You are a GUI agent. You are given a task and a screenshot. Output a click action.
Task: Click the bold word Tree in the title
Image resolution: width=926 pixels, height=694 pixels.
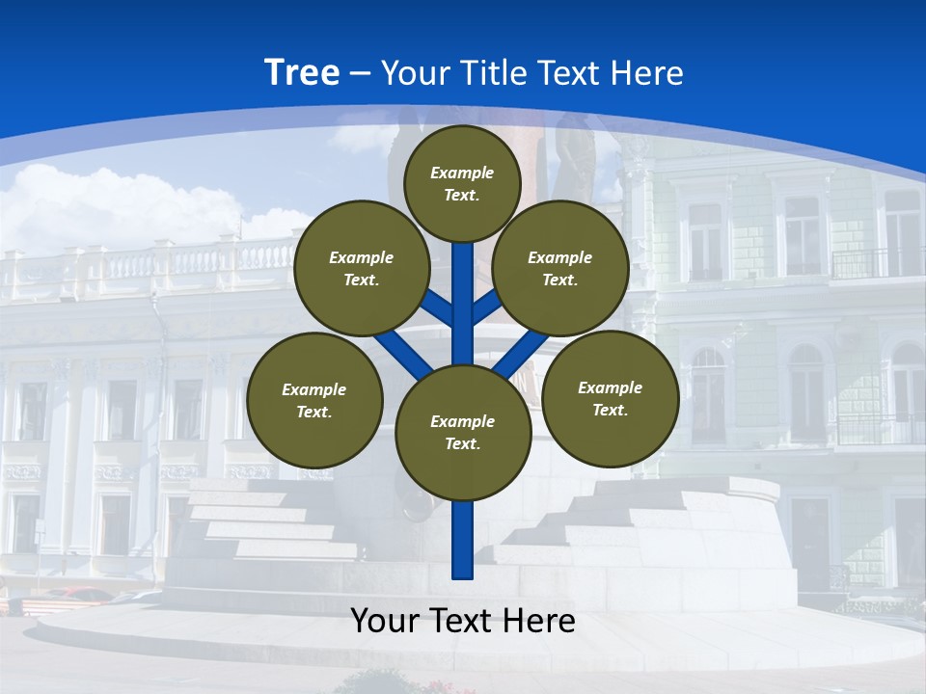[x=302, y=73]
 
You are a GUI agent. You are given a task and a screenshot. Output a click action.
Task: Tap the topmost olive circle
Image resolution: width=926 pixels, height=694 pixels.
[x=462, y=183]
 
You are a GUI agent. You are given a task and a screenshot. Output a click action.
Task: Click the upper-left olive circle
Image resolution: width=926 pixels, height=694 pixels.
[x=362, y=268]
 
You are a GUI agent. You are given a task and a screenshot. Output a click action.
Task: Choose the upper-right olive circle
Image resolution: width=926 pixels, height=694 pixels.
[x=560, y=268]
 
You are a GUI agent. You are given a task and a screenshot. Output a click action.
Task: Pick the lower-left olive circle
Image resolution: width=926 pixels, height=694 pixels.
[x=314, y=400]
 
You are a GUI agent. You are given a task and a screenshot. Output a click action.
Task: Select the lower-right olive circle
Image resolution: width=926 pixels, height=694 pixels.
[x=610, y=398]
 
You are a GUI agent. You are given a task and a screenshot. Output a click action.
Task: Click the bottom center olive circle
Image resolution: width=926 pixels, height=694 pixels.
[x=463, y=432]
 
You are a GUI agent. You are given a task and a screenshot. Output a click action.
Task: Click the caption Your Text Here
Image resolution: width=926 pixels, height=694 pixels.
[x=463, y=621]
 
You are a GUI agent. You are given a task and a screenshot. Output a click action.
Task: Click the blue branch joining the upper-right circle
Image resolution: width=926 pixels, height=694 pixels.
[x=485, y=308]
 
